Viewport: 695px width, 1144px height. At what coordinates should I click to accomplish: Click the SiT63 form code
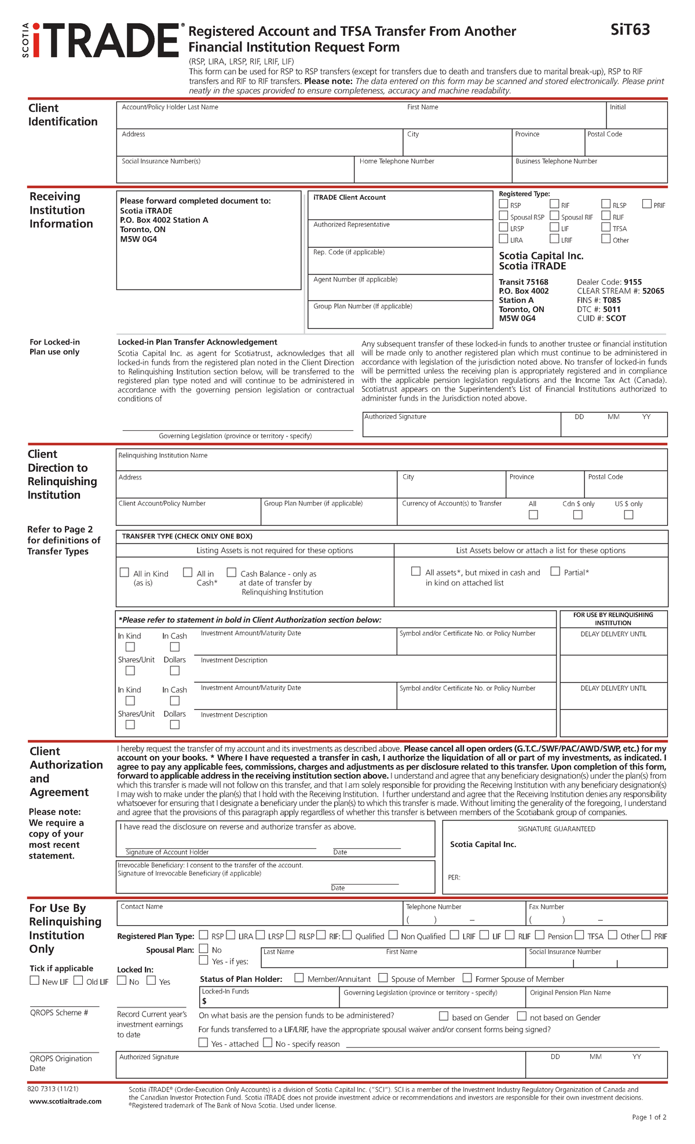point(630,30)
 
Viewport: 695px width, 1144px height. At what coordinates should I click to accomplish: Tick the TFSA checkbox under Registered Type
point(606,228)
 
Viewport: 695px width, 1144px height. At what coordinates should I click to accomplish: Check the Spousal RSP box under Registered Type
point(503,216)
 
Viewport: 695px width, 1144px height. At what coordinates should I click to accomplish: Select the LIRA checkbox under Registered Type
point(503,239)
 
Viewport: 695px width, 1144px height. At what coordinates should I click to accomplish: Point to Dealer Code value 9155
point(632,282)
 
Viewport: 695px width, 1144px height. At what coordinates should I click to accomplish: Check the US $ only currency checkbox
point(628,515)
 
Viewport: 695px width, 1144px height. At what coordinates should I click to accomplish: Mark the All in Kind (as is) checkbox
point(125,573)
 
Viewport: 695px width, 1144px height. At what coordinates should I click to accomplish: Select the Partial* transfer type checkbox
point(555,571)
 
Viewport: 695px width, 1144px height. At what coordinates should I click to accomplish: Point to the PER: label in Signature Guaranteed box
point(454,878)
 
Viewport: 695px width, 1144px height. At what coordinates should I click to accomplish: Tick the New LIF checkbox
point(35,981)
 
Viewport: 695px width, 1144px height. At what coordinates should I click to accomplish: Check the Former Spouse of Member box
point(467,978)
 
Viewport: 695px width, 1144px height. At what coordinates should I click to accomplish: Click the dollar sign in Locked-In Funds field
point(204,1001)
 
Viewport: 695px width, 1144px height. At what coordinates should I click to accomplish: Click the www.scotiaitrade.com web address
point(65,1101)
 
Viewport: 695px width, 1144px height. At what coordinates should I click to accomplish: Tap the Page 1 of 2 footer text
point(649,1117)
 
